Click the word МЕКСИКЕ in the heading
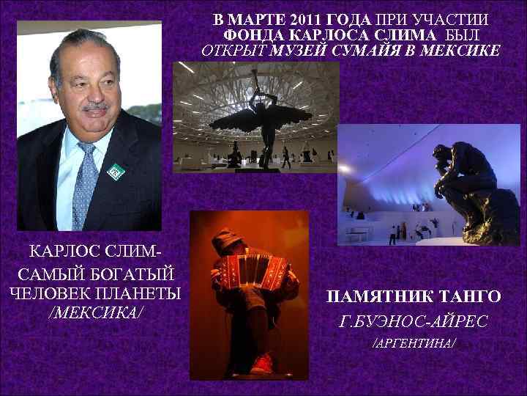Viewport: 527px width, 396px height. pyautogui.click(x=466, y=51)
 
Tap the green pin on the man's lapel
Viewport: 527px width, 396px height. pyautogui.click(x=116, y=172)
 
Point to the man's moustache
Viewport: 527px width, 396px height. pyautogui.click(x=95, y=108)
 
